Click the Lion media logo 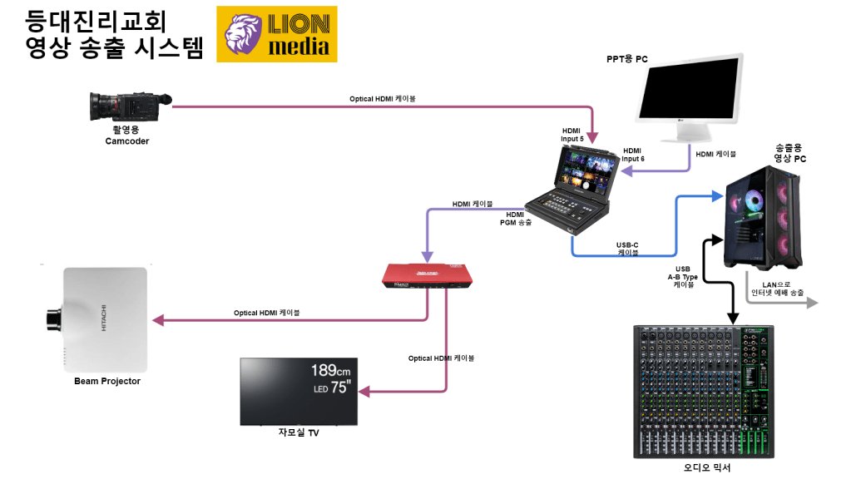point(277,34)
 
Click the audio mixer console point(704,391)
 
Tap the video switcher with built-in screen point(576,188)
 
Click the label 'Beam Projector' point(107,382)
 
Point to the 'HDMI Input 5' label point(572,135)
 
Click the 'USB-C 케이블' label point(627,249)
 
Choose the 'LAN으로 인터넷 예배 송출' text point(778,289)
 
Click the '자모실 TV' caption point(299,433)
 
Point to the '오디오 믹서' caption point(707,467)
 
